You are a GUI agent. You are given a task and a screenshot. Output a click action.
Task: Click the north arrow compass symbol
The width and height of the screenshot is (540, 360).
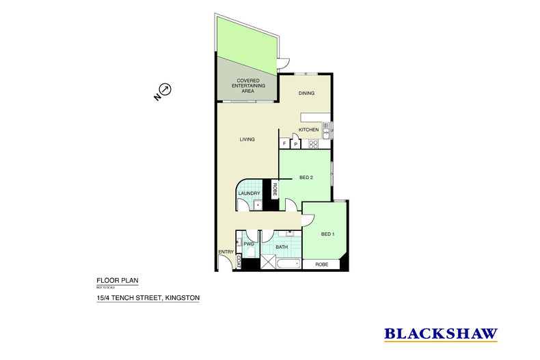click(x=165, y=89)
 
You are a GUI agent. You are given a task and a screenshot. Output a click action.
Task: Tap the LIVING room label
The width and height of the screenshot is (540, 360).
click(x=247, y=139)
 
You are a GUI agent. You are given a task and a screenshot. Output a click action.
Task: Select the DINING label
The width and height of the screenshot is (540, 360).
click(x=306, y=95)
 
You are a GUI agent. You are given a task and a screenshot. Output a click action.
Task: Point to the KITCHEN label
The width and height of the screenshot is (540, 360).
click(x=309, y=130)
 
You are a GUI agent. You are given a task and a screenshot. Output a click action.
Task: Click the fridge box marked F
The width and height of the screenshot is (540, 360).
click(x=284, y=144)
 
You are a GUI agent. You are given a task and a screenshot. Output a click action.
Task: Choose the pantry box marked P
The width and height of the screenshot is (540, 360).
click(x=295, y=144)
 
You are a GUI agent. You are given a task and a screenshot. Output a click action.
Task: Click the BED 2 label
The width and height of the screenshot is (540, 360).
click(x=306, y=178)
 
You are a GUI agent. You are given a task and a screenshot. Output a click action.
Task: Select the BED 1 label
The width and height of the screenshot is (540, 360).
click(x=328, y=234)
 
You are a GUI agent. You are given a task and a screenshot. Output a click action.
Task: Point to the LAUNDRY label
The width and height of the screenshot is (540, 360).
click(x=249, y=193)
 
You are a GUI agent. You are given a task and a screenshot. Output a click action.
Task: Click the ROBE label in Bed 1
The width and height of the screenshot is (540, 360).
click(x=321, y=264)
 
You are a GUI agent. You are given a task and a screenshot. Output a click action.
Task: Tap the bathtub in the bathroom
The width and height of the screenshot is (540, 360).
click(x=290, y=264)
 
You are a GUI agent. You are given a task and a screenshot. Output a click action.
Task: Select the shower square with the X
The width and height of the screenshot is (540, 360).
click(x=267, y=264)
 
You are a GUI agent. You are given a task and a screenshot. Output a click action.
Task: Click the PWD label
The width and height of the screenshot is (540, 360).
click(x=249, y=243)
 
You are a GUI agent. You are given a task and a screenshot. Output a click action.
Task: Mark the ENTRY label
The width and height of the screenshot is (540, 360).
click(x=226, y=253)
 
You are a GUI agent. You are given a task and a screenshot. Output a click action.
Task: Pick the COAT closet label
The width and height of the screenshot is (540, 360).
click(x=238, y=261)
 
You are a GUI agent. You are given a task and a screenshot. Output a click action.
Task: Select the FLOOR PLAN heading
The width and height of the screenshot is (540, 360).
click(x=111, y=280)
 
